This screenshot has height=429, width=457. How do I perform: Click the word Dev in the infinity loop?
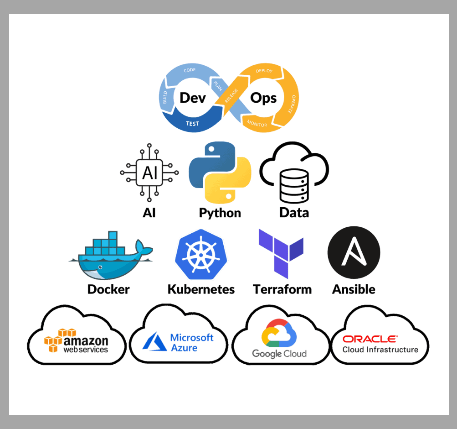193,98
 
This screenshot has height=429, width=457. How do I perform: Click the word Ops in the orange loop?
264,98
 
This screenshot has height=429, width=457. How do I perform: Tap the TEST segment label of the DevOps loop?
192,124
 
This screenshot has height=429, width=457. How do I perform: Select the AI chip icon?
149,173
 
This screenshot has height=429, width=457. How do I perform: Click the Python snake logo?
220,173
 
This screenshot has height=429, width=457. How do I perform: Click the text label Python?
220,213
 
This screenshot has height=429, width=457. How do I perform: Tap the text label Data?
294,213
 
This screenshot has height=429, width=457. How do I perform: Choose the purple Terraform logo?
281,253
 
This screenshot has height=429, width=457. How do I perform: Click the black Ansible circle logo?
354,253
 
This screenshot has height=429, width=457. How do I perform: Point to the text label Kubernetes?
201,289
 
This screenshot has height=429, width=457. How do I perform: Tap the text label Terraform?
282,289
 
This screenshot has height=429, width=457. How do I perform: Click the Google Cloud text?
279,354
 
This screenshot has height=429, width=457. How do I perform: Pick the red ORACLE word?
370,339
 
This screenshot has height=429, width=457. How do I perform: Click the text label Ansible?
354,289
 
